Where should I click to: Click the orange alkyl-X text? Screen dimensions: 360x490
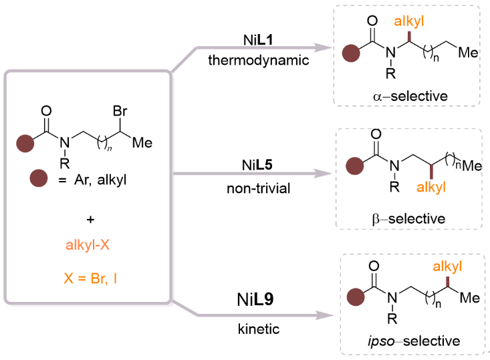point(88,247)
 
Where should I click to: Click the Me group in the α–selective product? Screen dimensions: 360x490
point(470,52)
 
